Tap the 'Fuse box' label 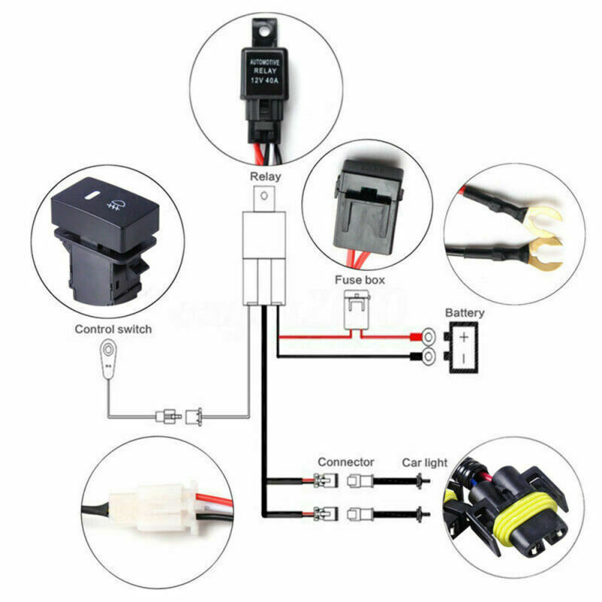[x=360, y=279]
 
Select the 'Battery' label [x=465, y=312]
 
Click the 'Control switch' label [x=113, y=329]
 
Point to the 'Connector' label [x=345, y=462]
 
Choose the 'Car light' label [x=424, y=462]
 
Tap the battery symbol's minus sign [x=464, y=357]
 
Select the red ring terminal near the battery [x=427, y=336]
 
